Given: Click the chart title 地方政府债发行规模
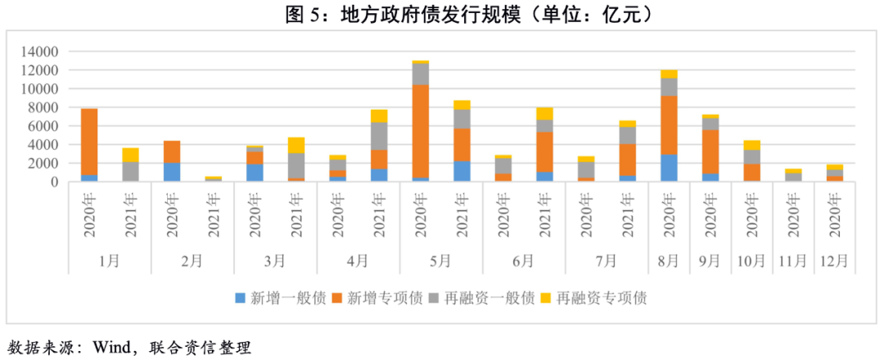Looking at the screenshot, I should point(442,14).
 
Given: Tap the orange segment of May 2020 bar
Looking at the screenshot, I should point(421,131).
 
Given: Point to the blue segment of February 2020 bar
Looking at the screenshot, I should point(172,172).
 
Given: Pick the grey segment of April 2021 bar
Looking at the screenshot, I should point(379,136).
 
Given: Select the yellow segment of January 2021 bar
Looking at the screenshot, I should point(130,155).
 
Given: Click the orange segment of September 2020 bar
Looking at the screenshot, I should point(710,151).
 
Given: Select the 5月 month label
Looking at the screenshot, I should point(440,261).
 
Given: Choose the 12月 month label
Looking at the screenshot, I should point(835,261).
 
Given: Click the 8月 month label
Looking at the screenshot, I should point(669,261).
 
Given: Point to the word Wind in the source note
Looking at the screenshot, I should point(114,347).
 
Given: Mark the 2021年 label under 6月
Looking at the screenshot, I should point(544,216).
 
